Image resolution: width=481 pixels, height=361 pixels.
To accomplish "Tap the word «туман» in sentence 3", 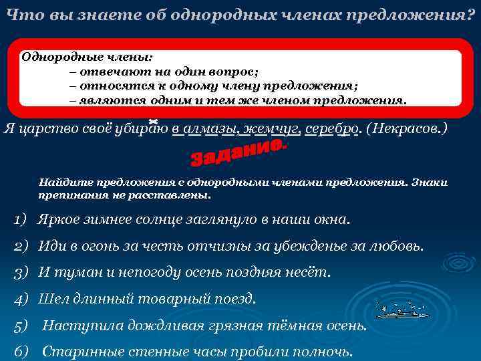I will (75, 273).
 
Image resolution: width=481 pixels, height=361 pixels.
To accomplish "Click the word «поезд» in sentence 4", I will (234, 299).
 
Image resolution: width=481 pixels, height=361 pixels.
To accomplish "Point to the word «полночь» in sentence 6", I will (326, 352).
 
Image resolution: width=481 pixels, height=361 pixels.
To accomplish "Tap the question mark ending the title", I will (470, 15).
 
